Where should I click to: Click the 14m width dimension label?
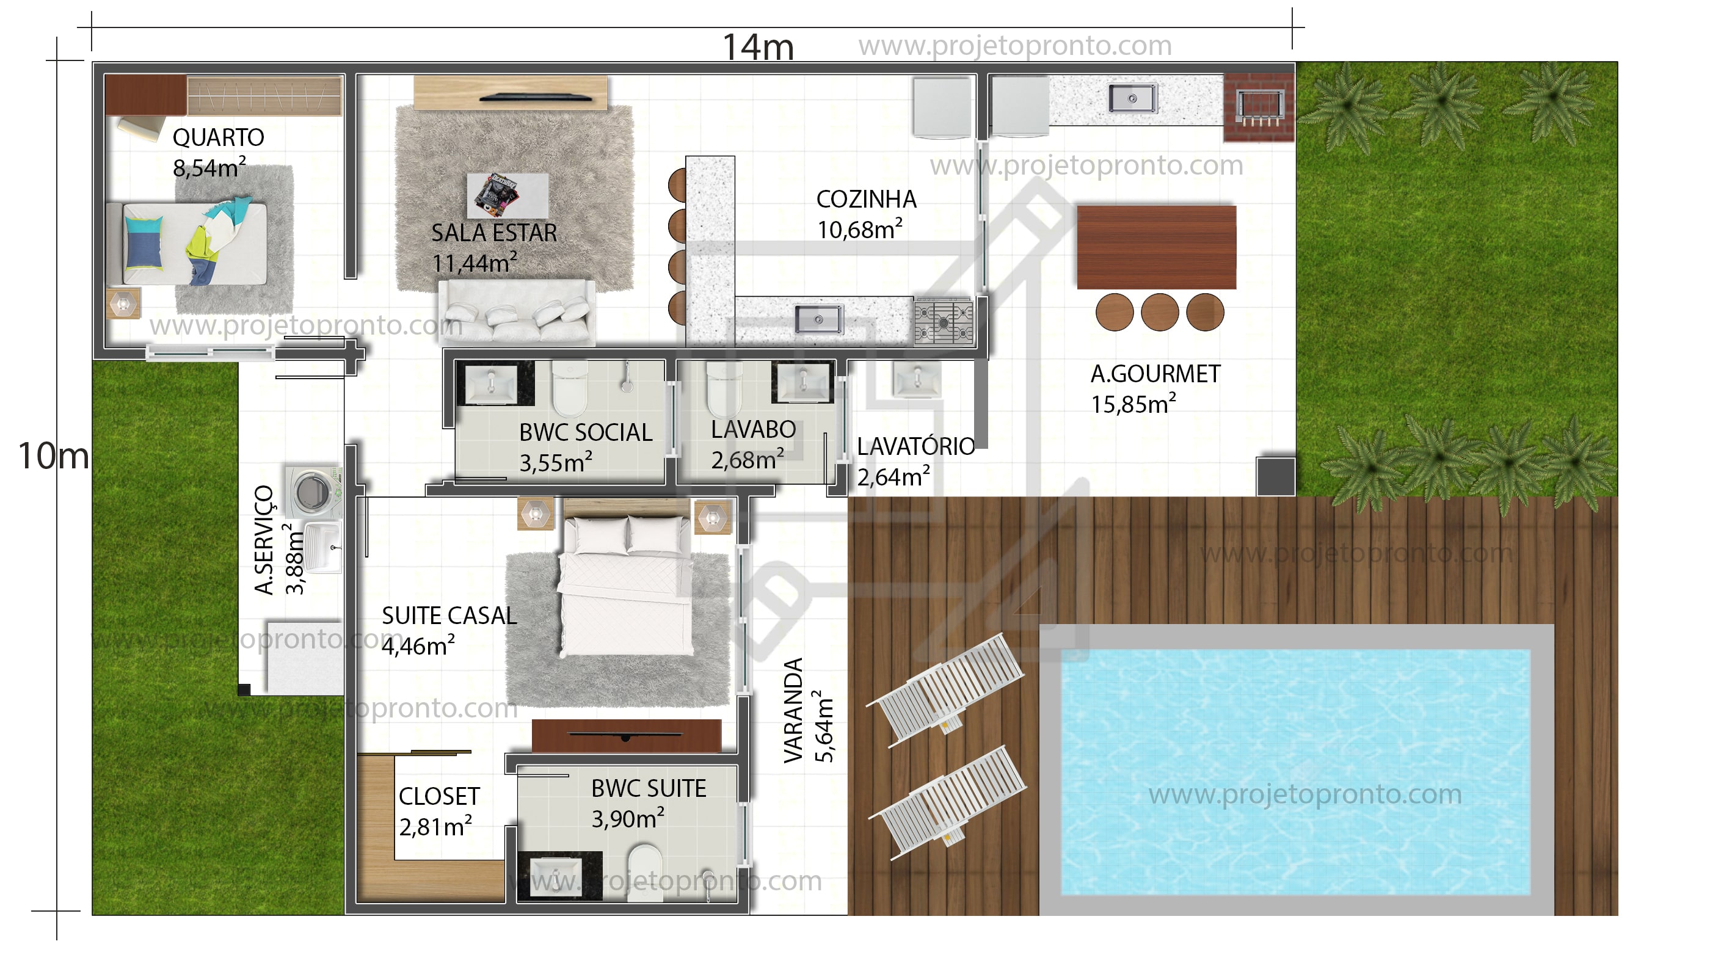758,47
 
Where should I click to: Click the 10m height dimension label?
53,456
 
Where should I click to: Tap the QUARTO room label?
218,137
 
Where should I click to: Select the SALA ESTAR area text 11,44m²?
475,263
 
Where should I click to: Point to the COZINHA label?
866,199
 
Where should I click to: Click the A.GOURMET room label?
1155,374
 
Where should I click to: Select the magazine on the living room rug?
497,195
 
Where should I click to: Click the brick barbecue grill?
1258,107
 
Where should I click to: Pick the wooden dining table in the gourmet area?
1156,247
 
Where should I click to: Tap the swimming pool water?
1295,772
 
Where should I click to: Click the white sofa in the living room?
516,313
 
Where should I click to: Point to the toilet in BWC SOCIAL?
570,388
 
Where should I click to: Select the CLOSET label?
439,796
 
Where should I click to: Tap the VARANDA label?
793,711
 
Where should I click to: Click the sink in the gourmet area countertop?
1133,99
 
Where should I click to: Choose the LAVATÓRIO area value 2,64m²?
893,476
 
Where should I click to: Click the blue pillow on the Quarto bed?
144,242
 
